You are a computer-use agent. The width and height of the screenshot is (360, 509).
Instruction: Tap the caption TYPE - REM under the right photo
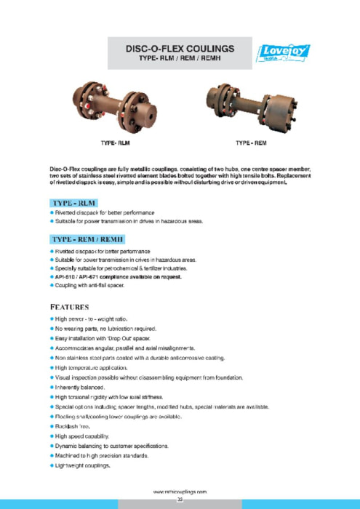coord(252,143)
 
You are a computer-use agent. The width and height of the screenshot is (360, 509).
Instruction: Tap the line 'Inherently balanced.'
coord(79,388)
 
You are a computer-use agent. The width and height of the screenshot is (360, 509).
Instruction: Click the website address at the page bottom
coord(180,492)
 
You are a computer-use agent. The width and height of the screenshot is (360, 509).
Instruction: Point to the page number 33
coord(180,500)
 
